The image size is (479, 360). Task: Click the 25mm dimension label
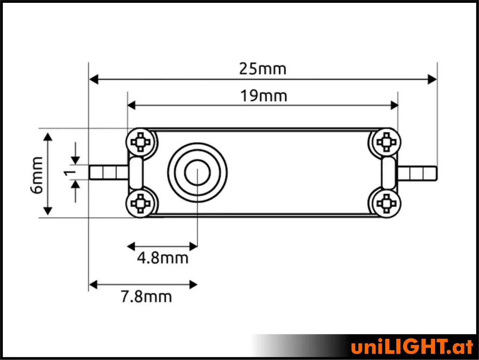[262, 69]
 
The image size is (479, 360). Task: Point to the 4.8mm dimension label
[162, 258]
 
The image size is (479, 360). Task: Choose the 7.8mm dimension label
[146, 297]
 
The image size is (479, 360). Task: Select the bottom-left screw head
[140, 203]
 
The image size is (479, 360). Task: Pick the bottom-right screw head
[386, 203]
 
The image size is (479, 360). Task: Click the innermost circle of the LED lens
[197, 173]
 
